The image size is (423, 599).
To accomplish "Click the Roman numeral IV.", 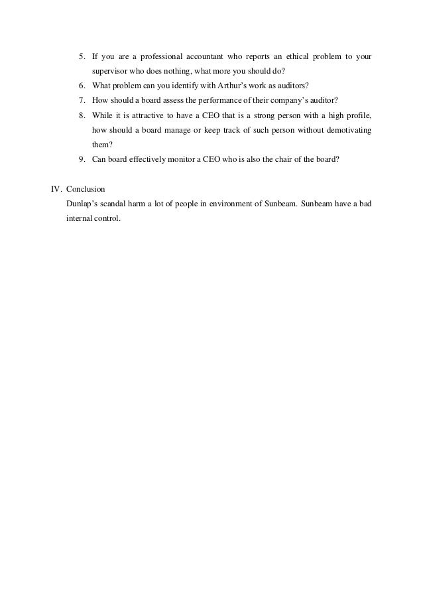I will [x=56, y=188].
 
